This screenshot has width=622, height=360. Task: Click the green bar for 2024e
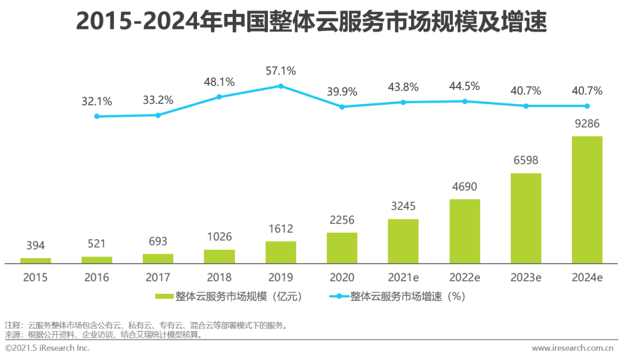coord(587,199)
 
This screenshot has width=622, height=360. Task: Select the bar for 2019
coord(280,252)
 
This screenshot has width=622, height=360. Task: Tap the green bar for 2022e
coord(464,231)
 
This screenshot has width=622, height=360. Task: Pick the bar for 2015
coord(36,260)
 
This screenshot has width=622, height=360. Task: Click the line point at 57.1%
coord(280,86)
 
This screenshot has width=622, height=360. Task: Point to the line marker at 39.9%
coord(342,107)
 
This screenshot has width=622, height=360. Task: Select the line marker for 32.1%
coord(97,116)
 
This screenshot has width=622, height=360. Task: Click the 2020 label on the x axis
coord(342,277)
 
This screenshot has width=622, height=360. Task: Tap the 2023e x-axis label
coord(526,277)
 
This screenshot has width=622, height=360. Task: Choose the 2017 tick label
coord(158,277)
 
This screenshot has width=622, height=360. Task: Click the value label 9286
coord(587,123)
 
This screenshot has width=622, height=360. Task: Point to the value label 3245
coord(403,206)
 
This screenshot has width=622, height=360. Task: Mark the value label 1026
coord(219,237)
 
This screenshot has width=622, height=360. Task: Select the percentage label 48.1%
coord(219,82)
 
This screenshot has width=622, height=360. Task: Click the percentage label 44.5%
coord(464,86)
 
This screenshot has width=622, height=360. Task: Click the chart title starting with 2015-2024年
coord(311,22)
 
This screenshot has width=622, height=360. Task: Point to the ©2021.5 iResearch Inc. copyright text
coord(47,348)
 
